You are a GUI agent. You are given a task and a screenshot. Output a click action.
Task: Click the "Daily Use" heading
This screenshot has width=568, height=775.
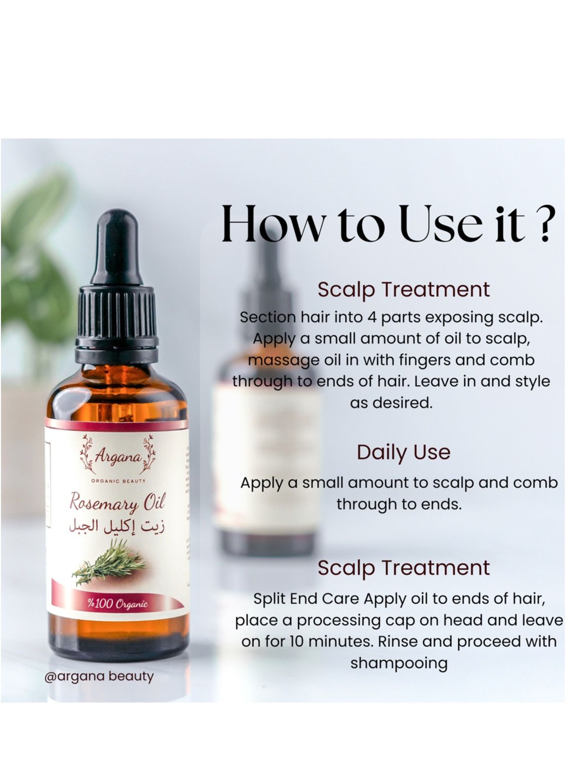[403, 452]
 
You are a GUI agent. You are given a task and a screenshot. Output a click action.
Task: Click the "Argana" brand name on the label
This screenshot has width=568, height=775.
[118, 458]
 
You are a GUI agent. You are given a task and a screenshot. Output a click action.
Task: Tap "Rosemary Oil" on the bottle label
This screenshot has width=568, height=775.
[117, 503]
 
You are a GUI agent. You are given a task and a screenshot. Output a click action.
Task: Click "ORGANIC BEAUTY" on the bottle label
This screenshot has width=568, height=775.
[118, 481]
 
